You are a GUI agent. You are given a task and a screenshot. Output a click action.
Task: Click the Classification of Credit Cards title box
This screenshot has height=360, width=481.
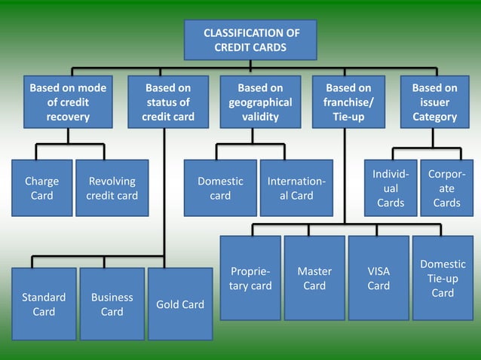click(x=250, y=40)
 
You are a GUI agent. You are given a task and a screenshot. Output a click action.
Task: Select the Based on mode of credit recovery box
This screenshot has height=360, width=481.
click(x=68, y=102)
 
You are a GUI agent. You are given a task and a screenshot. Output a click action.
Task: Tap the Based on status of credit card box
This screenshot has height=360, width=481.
click(x=168, y=102)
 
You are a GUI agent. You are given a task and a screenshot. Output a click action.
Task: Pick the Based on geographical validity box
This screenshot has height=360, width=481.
click(x=260, y=102)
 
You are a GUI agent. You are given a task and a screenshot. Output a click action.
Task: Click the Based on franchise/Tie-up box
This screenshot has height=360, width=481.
click(x=348, y=102)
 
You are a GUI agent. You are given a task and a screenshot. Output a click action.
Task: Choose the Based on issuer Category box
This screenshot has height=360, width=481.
click(x=434, y=102)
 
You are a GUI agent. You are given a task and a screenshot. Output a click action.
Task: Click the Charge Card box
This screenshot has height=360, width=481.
click(x=42, y=188)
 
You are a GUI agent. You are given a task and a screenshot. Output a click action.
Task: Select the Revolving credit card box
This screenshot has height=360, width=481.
click(x=112, y=188)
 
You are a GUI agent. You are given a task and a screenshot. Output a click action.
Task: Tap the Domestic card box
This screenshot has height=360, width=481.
click(x=220, y=188)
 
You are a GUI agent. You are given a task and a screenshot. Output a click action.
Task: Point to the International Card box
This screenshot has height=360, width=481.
click(x=296, y=188)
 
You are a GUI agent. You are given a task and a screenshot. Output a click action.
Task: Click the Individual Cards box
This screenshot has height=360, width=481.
click(x=391, y=188)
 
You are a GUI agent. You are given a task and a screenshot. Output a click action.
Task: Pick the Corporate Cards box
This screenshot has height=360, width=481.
click(x=446, y=188)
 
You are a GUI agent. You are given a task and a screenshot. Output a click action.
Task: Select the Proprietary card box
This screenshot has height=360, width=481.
click(x=250, y=278)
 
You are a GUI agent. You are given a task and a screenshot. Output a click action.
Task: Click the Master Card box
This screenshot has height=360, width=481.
click(x=314, y=278)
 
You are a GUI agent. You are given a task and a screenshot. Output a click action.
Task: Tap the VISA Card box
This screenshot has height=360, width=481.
click(x=378, y=278)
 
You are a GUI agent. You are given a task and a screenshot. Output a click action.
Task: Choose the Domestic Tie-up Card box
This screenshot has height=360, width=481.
click(x=443, y=278)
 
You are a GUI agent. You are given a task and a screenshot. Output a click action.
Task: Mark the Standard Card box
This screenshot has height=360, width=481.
click(x=44, y=304)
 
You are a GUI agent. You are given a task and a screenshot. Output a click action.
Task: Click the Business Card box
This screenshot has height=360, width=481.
click(x=112, y=304)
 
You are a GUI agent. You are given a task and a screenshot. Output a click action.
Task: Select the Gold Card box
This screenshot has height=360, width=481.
click(x=179, y=304)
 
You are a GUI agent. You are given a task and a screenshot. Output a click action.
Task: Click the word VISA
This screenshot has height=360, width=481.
click(x=378, y=271)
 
